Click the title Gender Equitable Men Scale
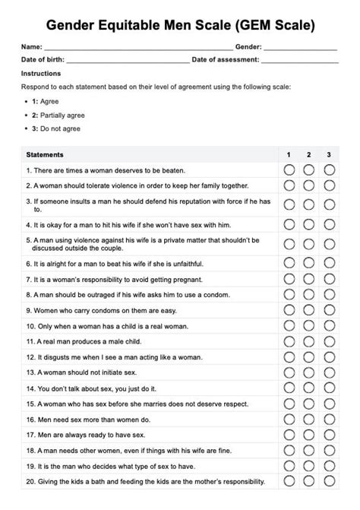pyautogui.click(x=180, y=26)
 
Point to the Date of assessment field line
pyautogui.click(x=299, y=59)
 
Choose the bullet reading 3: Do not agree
pyautogui.click(x=55, y=128)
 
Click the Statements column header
pyautogui.click(x=45, y=155)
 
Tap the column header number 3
pyautogui.click(x=329, y=155)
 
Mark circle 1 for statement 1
pyautogui.click(x=289, y=170)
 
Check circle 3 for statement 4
pyautogui.click(x=329, y=225)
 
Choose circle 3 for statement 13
pyautogui.click(x=329, y=373)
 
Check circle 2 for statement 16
pyautogui.click(x=309, y=419)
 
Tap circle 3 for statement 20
pyautogui.click(x=329, y=482)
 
